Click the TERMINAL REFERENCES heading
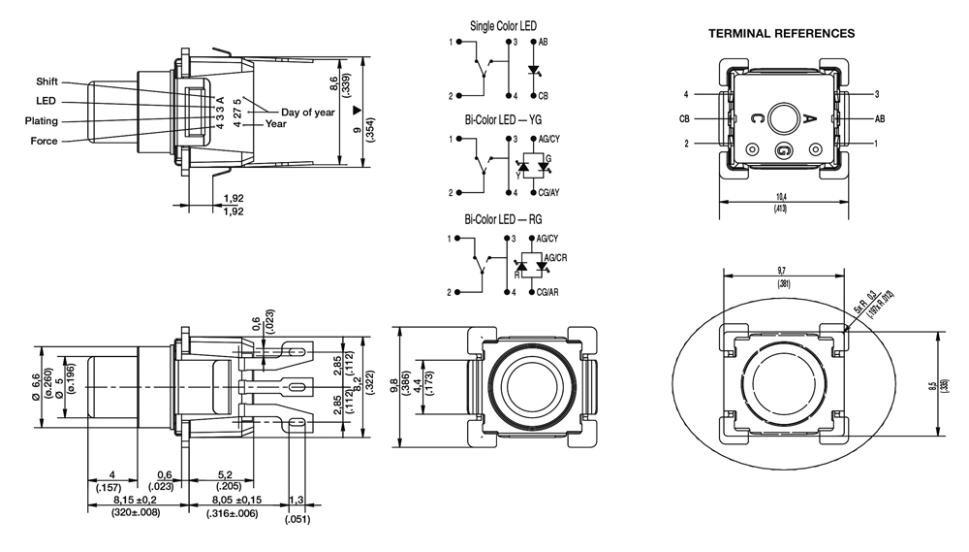coord(781,33)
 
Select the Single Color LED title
coord(502,26)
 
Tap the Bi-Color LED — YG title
coord(502,120)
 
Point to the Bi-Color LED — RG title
coord(502,219)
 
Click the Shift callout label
coord(47,81)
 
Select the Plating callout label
coord(42,121)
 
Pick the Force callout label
coord(44,142)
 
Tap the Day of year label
coord(307,112)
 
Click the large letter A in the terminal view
coord(811,119)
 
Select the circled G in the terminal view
coord(784,150)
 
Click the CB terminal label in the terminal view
coord(684,118)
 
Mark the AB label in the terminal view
coord(880,118)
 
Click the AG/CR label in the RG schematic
coord(556,257)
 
